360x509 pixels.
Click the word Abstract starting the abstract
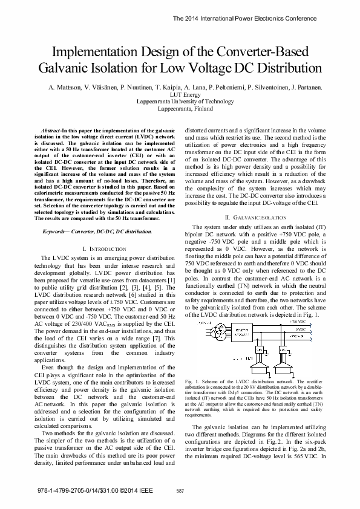(x=50, y=131)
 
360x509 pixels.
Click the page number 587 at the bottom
(x=180, y=491)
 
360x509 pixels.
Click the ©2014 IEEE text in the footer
(x=124, y=490)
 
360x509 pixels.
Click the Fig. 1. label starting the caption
(x=191, y=382)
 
